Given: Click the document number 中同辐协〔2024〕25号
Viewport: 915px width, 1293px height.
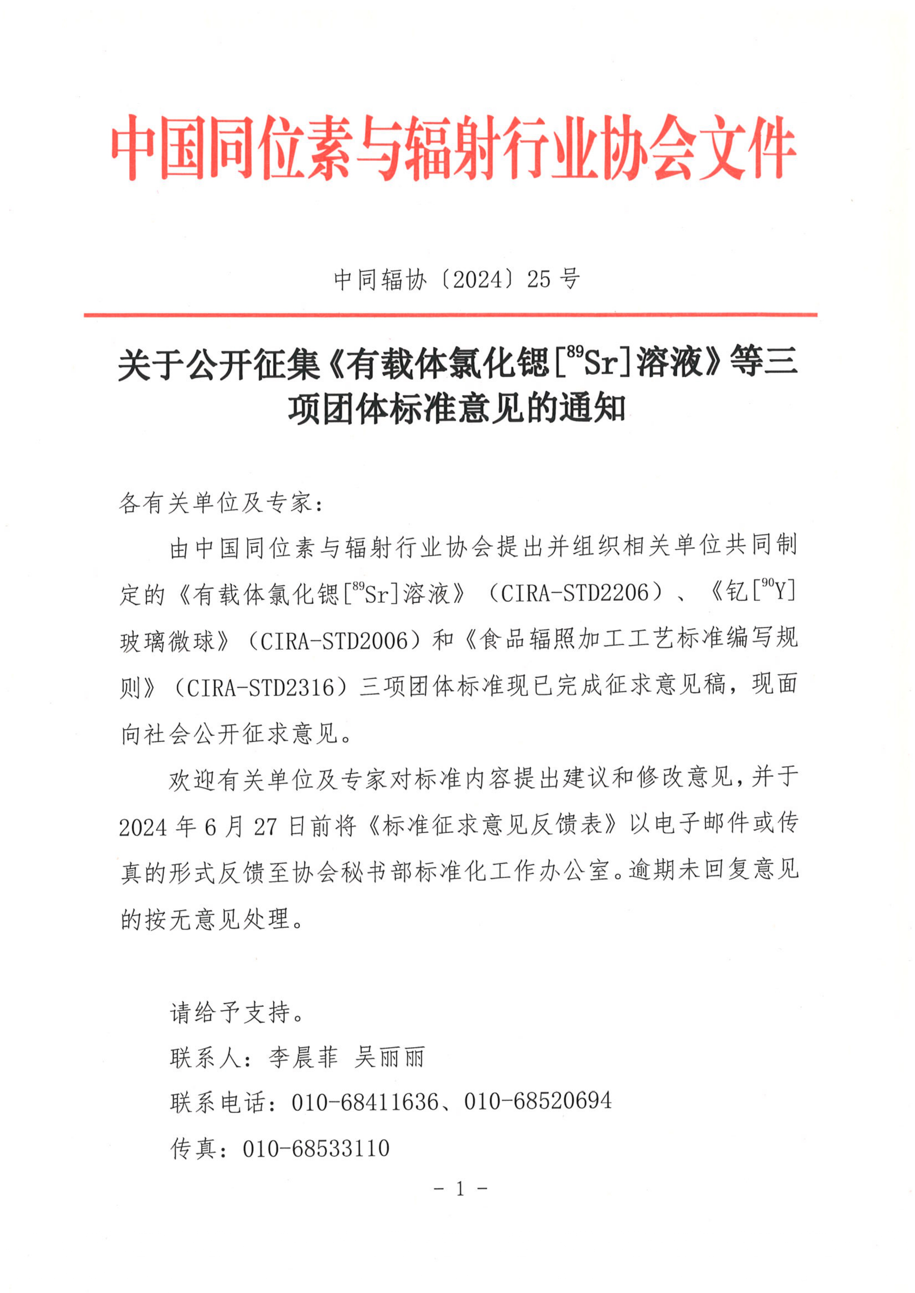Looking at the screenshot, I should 456,279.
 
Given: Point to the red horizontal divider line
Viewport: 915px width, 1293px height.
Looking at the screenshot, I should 451,315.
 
